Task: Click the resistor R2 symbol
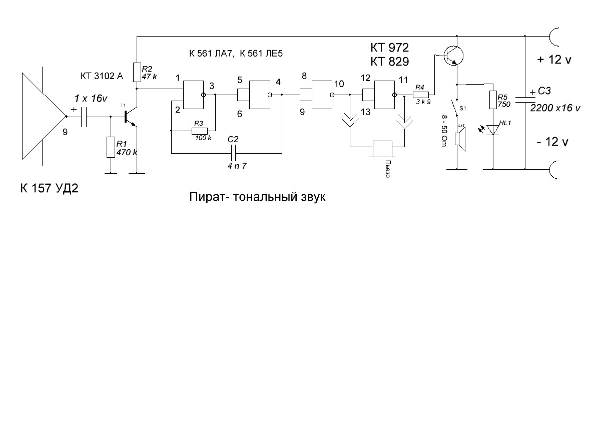point(137,73)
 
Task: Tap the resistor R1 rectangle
point(111,147)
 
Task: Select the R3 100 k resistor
point(199,131)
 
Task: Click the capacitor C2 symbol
point(235,153)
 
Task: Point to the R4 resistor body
point(421,95)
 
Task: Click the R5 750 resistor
point(493,100)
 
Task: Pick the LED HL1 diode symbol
point(493,130)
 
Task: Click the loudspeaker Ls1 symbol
point(460,139)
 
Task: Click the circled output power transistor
point(453,56)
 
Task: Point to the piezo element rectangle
point(382,149)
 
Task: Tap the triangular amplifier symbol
point(43,116)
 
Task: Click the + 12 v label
point(554,60)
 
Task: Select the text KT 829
point(389,61)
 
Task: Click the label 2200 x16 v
point(555,108)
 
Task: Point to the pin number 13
point(365,112)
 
